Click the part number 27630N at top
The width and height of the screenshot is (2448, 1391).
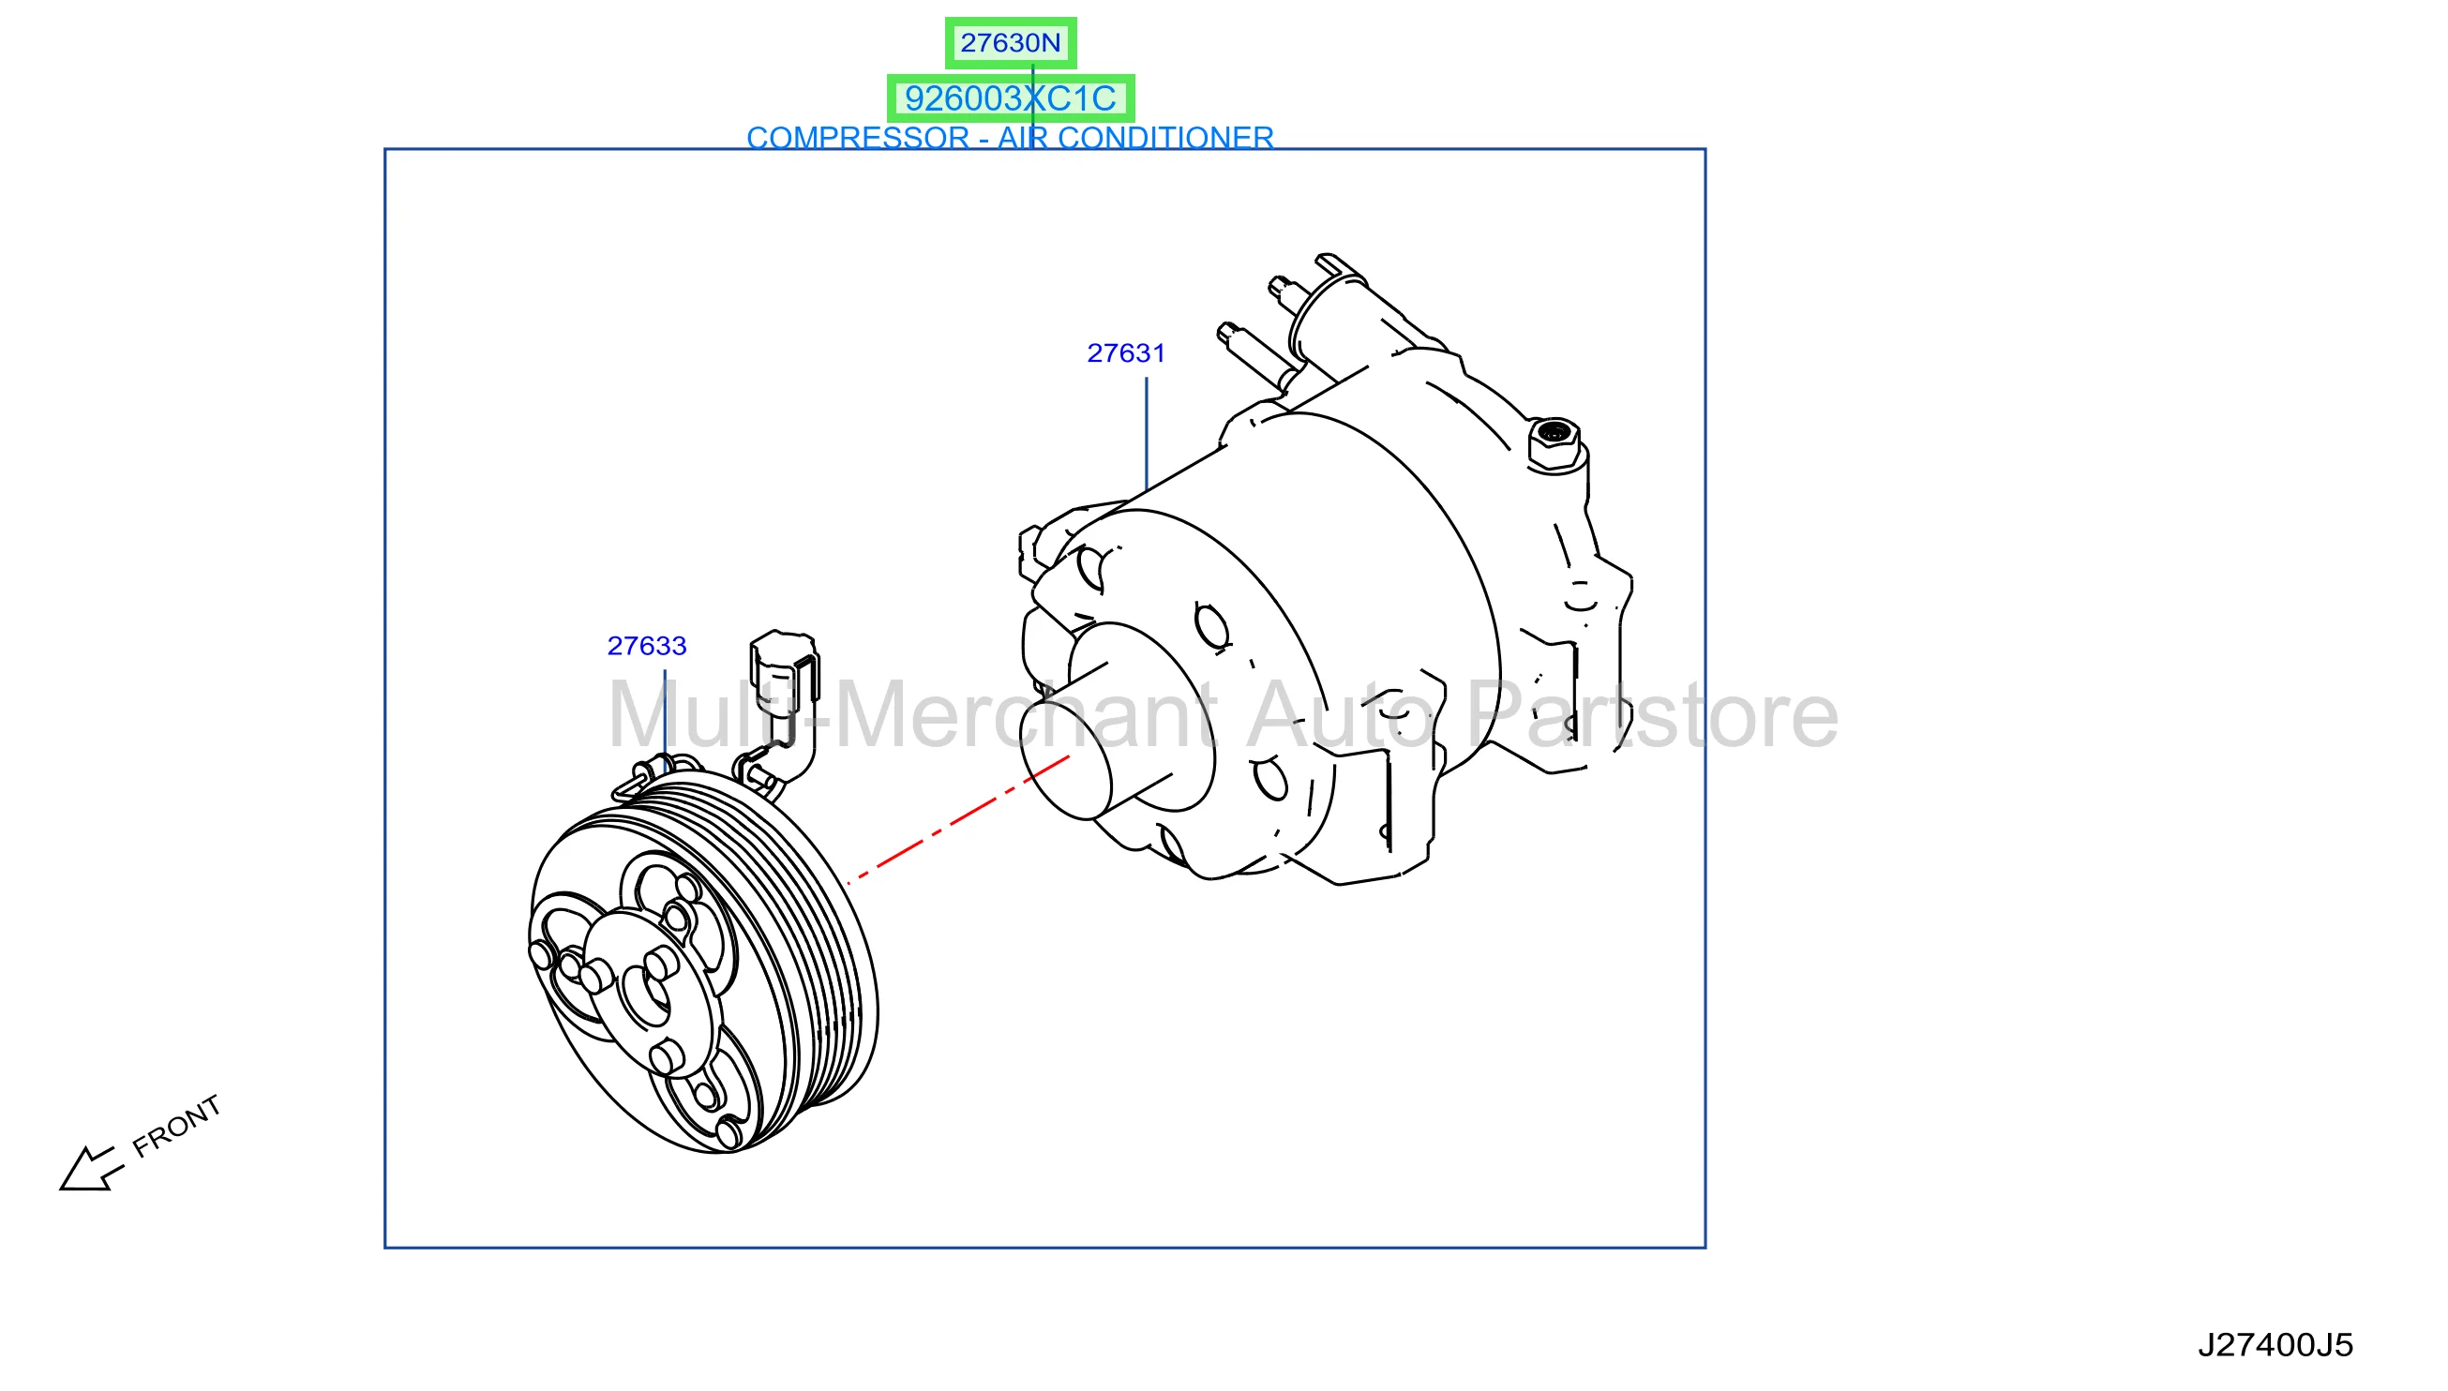pos(1010,43)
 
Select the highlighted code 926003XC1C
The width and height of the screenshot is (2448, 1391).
pos(1010,98)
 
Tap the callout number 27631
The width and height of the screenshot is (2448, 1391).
pos(1126,353)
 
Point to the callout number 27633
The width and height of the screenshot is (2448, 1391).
pos(647,647)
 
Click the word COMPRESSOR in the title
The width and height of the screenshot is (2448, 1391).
pos(857,138)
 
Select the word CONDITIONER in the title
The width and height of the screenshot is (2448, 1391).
pos(1164,138)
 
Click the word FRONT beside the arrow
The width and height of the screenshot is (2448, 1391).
pos(177,1127)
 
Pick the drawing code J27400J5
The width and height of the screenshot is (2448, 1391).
pos(2275,1345)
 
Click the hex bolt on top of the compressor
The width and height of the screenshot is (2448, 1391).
pos(1554,444)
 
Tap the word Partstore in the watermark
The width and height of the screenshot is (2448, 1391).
pos(1652,714)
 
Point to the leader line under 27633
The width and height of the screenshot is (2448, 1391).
pos(665,718)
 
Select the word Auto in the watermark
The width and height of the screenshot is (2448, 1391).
pos(1340,714)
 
